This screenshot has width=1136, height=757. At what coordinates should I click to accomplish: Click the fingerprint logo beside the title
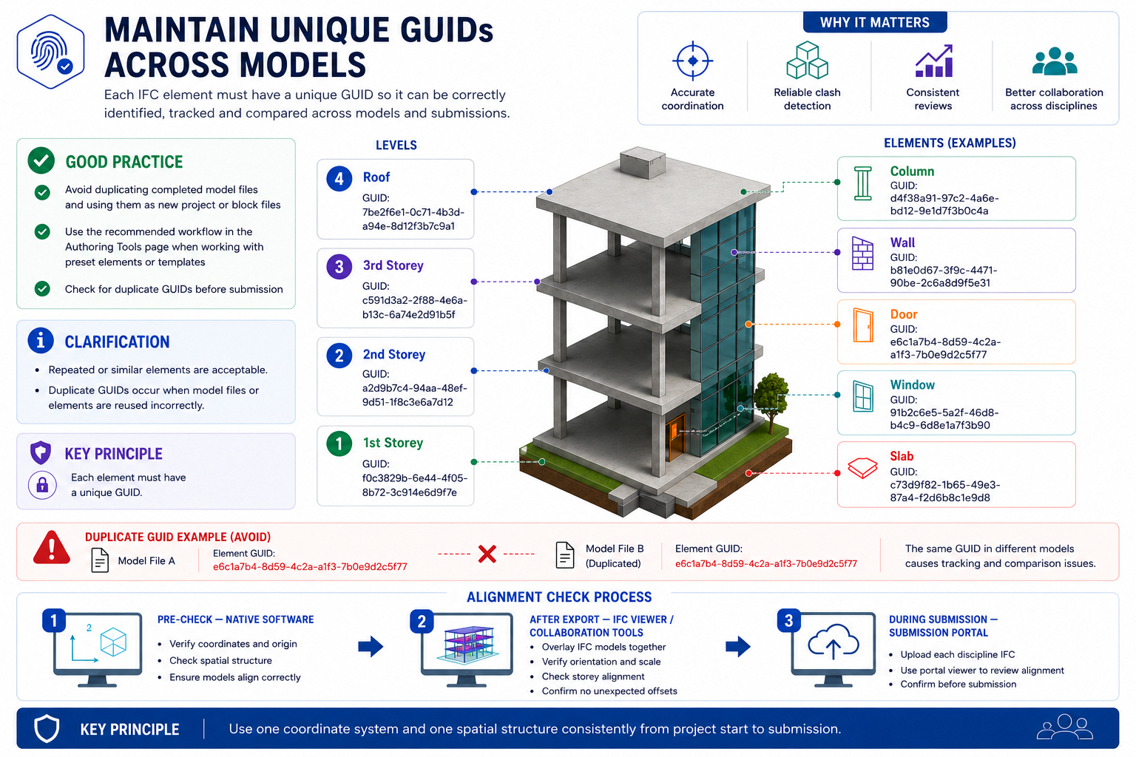(50, 52)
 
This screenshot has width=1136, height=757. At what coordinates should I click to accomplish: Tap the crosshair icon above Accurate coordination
(692, 61)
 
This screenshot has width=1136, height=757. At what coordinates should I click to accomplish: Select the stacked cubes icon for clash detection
(807, 61)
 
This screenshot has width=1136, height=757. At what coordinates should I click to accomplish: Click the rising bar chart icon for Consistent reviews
(933, 61)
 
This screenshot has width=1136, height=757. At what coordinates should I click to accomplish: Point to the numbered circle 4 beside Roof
(339, 178)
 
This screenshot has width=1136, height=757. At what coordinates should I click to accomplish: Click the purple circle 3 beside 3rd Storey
(339, 266)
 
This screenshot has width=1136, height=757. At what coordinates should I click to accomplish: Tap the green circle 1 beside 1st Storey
(339, 444)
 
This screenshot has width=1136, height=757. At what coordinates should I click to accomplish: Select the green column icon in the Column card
(862, 183)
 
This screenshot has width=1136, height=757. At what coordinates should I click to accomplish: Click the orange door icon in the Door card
(862, 325)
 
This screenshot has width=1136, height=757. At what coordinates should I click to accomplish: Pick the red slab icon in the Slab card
(862, 467)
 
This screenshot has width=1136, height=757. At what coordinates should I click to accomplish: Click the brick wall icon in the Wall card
(862, 253)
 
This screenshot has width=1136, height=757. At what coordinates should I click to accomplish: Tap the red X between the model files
(487, 554)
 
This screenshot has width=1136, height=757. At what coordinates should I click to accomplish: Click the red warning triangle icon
(51, 548)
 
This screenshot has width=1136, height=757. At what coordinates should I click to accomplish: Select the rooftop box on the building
(643, 162)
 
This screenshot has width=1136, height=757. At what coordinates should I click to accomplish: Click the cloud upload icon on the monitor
(834, 642)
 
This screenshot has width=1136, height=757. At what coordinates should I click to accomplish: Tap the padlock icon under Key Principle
(42, 485)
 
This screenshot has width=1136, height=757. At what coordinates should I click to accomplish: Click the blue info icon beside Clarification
(41, 340)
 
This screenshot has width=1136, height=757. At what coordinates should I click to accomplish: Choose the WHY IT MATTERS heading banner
(875, 22)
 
